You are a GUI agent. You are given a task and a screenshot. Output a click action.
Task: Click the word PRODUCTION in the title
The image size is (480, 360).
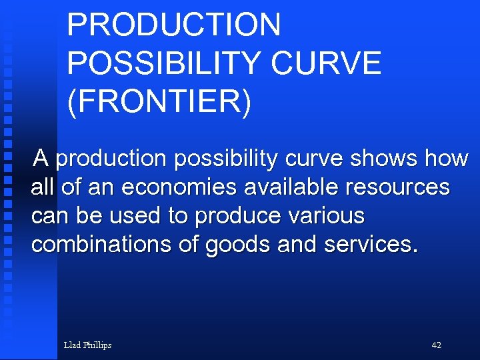[174, 25]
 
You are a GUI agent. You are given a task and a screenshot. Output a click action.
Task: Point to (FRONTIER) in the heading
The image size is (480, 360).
[159, 103]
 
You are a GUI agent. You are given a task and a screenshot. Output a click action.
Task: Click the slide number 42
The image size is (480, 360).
[437, 345]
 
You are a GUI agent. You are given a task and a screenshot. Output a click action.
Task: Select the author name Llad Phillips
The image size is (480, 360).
[87, 345]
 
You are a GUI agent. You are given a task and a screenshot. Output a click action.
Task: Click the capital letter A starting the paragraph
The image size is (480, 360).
[42, 159]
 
